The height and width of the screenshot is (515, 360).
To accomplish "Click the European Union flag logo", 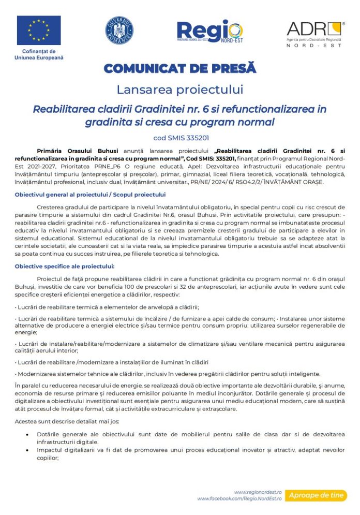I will pyautogui.click(x=39, y=31).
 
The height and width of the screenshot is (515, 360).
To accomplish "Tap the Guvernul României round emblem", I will pyautogui.click(x=119, y=30).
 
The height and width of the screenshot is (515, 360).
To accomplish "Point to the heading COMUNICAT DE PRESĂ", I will pyautogui.click(x=179, y=68).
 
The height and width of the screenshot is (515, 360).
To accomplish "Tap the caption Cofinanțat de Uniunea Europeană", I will pyautogui.click(x=39, y=54).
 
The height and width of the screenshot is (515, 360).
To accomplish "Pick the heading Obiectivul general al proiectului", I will pyautogui.click(x=91, y=195).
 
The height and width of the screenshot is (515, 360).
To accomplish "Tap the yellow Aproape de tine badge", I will pyautogui.click(x=316, y=495).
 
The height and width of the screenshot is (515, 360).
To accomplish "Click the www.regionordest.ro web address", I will pyautogui.click(x=257, y=492).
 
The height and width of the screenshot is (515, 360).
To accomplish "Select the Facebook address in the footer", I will pyautogui.click(x=239, y=498).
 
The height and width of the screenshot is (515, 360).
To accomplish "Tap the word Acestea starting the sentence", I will pyautogui.click(x=27, y=422).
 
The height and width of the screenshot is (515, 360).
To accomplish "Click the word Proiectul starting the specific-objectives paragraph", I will pyautogui.click(x=51, y=279).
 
